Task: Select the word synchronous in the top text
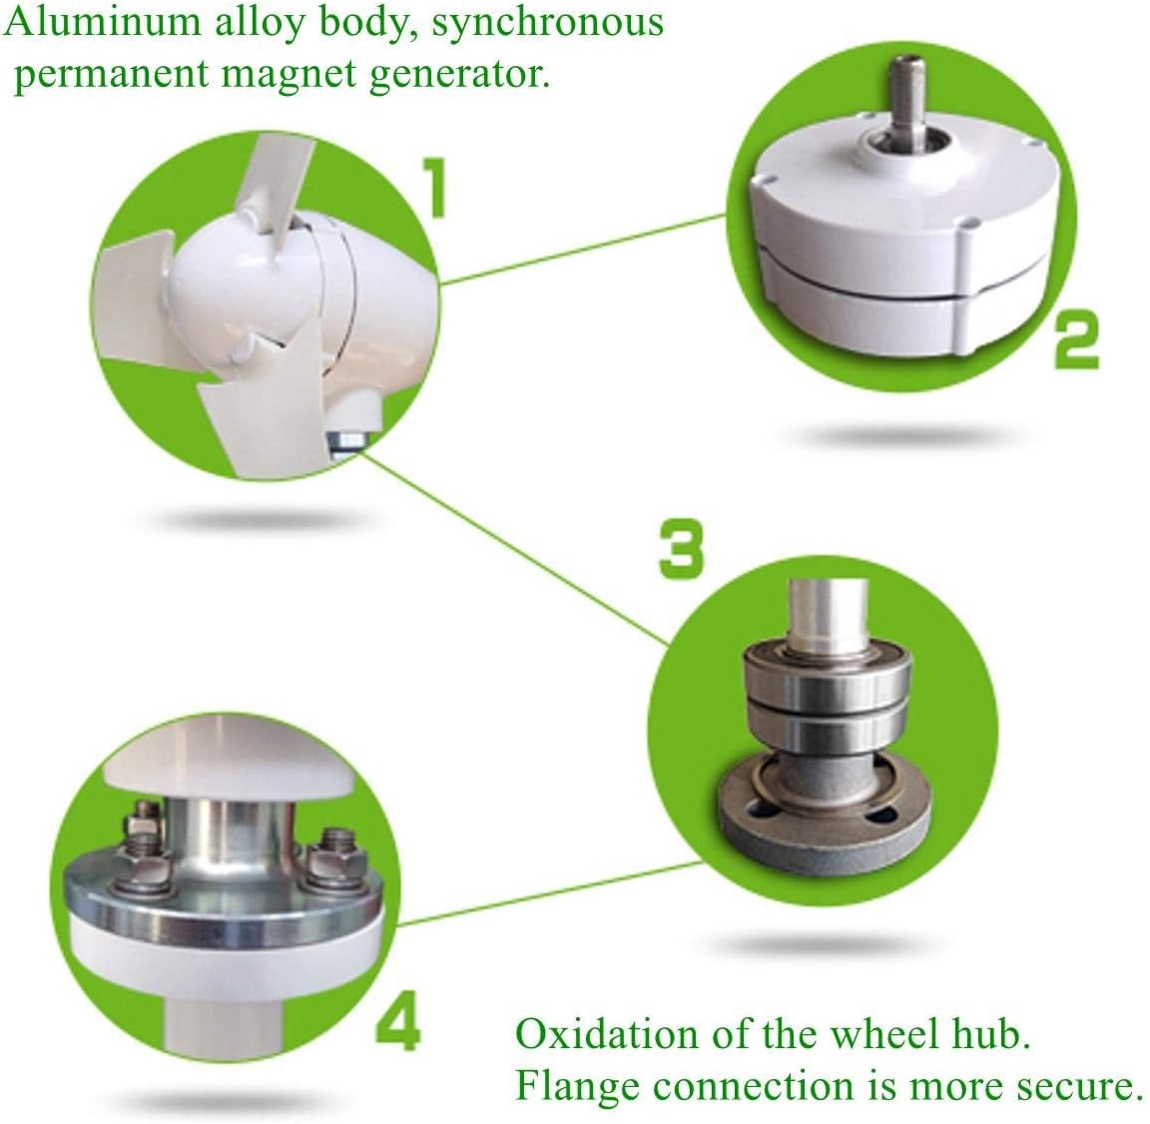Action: tap(547, 22)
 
